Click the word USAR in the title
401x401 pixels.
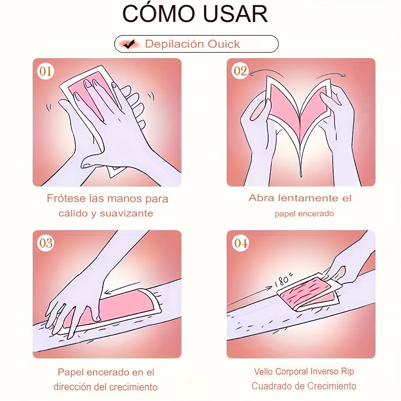[x=235, y=14]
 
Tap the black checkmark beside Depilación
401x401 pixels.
[x=129, y=44]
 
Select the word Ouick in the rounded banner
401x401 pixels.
[x=224, y=44]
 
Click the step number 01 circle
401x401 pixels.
[x=46, y=71]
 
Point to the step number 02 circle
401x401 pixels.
[x=240, y=71]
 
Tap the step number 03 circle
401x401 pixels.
[x=46, y=243]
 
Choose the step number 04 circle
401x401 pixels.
[x=241, y=243]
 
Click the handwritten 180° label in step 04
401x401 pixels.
[x=283, y=280]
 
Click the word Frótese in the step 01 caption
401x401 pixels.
[x=67, y=198]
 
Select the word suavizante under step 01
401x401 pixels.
[x=126, y=214]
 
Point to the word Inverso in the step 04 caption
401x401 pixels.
[x=323, y=371]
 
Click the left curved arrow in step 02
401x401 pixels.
[x=266, y=71]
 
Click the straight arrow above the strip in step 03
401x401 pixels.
[x=122, y=287]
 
